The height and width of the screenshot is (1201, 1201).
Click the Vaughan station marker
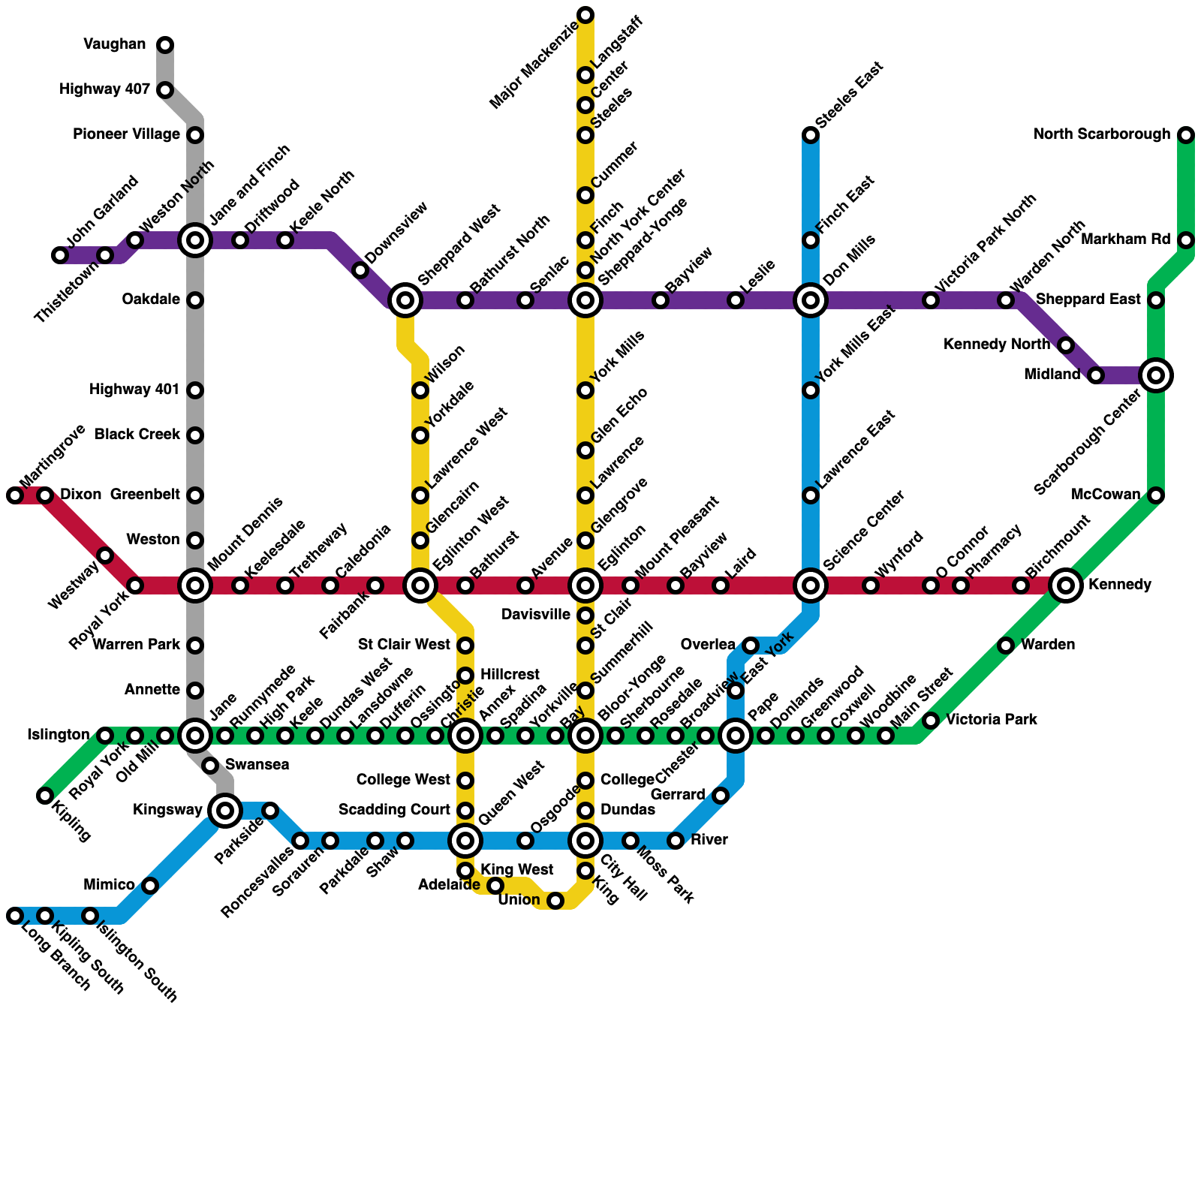point(165,45)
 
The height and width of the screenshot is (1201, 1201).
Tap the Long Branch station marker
point(15,916)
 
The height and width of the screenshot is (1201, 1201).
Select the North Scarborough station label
point(1101,135)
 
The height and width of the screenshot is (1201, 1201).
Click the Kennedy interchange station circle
point(1066,585)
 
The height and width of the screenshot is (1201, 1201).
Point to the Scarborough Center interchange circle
point(1156,375)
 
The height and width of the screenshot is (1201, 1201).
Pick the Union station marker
point(555,901)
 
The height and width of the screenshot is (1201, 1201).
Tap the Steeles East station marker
point(811,135)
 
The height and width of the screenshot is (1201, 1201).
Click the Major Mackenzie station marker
point(585,15)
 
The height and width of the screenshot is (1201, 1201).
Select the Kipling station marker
point(45,796)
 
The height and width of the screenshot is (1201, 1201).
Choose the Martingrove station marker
point(15,495)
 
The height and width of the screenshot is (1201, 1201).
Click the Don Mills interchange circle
point(811,300)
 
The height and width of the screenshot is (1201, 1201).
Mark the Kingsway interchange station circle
point(225,811)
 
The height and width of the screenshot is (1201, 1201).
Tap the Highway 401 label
point(134,390)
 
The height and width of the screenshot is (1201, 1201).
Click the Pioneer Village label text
point(126,135)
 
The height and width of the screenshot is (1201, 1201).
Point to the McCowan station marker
point(1156,495)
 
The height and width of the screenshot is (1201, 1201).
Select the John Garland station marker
point(60,255)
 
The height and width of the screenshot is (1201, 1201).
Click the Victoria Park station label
point(991,721)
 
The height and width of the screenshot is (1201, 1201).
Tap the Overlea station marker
point(751,646)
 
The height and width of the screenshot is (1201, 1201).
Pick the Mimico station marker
point(150,886)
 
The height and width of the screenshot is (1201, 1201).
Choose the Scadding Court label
point(393,811)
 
